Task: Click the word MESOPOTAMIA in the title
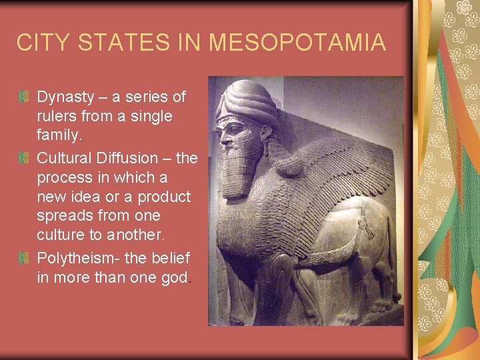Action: tap(297, 43)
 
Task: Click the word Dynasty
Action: tap(65, 97)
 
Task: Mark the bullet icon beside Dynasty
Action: tap(23, 97)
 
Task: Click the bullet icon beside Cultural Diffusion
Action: tap(23, 158)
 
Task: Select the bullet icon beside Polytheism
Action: tap(23, 257)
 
